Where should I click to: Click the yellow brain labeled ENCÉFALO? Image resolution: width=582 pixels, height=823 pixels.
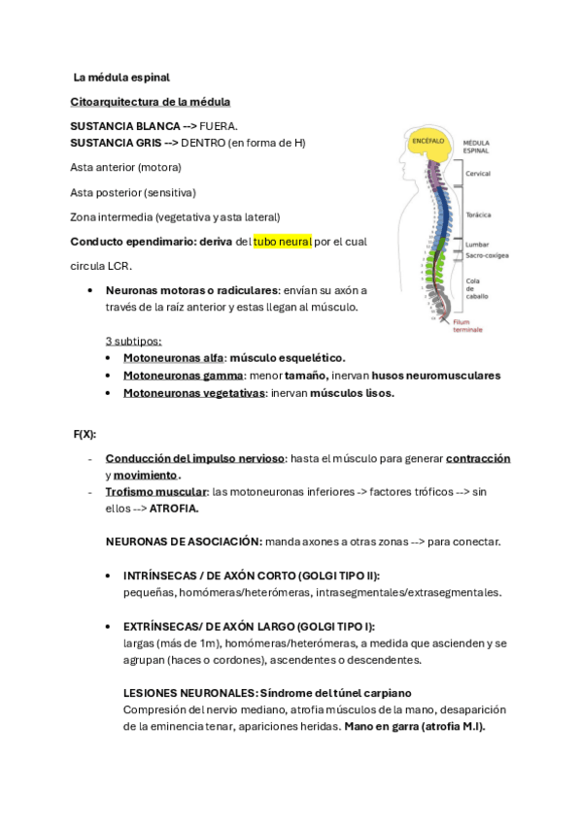pyautogui.click(x=428, y=146)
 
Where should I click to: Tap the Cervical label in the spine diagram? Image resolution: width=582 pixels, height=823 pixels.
pyautogui.click(x=478, y=174)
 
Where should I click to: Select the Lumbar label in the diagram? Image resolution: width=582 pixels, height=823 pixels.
pyautogui.click(x=476, y=245)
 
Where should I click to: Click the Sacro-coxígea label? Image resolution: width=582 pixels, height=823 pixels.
pyautogui.click(x=486, y=255)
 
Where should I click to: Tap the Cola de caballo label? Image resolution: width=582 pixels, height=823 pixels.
pyautogui.click(x=474, y=288)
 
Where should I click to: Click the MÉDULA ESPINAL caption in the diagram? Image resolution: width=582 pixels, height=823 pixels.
pyautogui.click(x=476, y=147)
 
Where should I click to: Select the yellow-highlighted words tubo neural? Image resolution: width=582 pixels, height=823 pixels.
pyautogui.click(x=282, y=241)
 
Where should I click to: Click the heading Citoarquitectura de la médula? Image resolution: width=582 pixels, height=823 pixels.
pyautogui.click(x=151, y=101)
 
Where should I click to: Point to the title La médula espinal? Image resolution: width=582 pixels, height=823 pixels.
pyautogui.click(x=121, y=77)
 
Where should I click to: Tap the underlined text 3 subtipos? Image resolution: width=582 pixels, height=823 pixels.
pyautogui.click(x=133, y=341)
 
